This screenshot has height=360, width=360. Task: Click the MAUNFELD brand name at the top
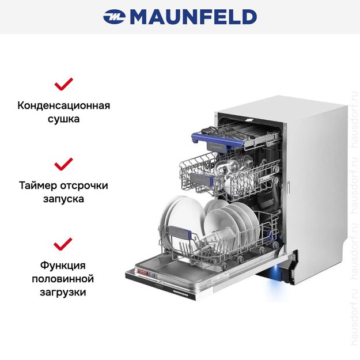pos(194,17)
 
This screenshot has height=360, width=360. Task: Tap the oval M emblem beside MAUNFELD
pos(115,17)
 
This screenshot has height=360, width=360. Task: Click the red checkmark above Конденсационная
pos(63,84)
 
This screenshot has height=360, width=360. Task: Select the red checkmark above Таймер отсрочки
pos(63,164)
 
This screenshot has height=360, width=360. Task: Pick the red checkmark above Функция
pos(63,244)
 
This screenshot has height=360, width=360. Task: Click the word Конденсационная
pos(64,106)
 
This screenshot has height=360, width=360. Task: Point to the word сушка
pos(63,119)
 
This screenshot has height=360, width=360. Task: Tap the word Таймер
pos(38,185)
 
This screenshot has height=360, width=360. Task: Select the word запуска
pos(63,199)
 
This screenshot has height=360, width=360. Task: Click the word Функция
pos(63,266)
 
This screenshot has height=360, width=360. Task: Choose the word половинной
pos(63,279)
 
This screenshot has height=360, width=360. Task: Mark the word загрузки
pos(63,293)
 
